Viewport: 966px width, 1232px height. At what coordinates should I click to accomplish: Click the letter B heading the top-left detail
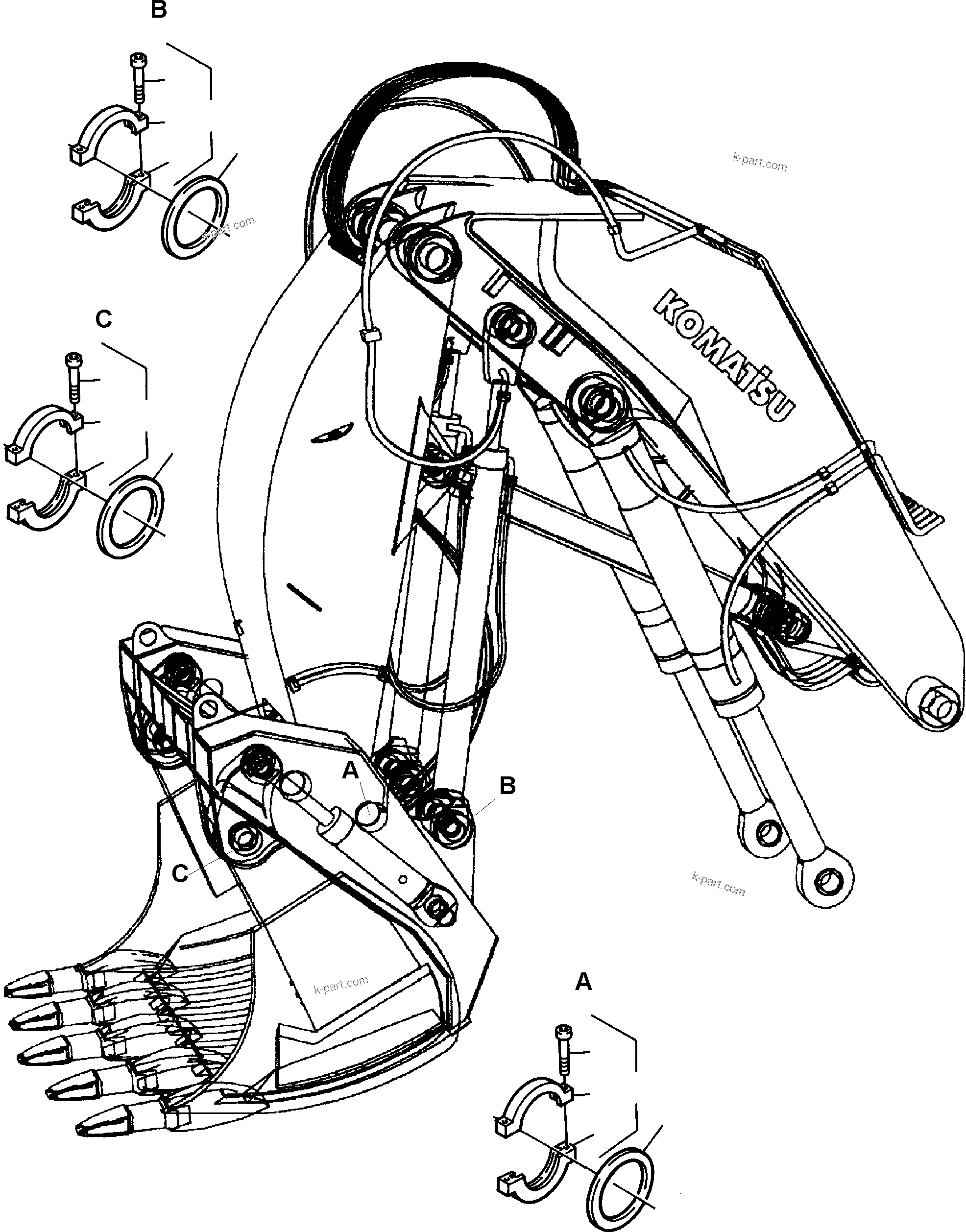(159, 10)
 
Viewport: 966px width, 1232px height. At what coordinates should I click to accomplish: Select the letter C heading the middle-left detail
(103, 319)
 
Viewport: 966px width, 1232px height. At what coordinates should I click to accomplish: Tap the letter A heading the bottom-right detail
(583, 983)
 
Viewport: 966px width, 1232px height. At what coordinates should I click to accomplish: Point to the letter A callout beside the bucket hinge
(351, 770)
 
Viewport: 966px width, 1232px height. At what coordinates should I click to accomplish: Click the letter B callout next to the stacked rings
(507, 786)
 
